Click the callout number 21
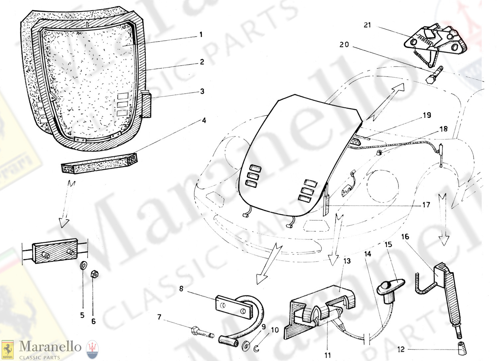[x=367, y=25]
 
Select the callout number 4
[x=204, y=120]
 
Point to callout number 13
[x=347, y=261]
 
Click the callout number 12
[x=401, y=349]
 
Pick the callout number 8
[x=181, y=289]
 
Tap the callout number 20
[x=344, y=45]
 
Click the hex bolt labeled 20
[x=434, y=75]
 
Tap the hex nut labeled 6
[x=95, y=274]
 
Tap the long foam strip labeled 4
[x=99, y=163]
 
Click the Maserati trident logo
[x=92, y=349]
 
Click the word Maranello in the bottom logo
[x=50, y=347]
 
